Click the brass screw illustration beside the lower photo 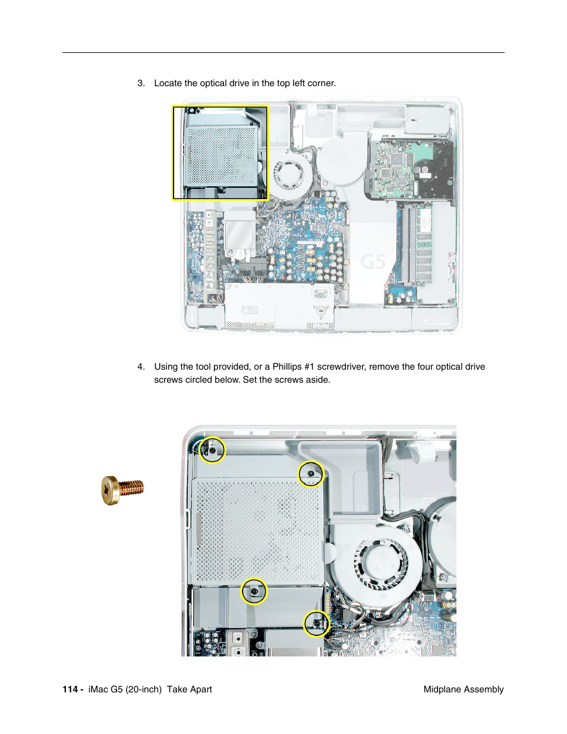click(x=122, y=490)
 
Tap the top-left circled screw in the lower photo click(x=212, y=450)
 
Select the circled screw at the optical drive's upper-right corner click(x=310, y=474)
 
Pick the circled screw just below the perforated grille click(x=254, y=591)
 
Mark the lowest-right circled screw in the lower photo click(x=316, y=623)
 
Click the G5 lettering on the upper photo click(x=373, y=262)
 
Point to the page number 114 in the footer click(x=70, y=689)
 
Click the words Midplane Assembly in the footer click(x=463, y=689)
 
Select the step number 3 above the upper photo click(x=140, y=83)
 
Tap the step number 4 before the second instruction click(x=140, y=367)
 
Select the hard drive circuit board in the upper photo click(x=393, y=169)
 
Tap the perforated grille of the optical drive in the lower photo click(x=258, y=531)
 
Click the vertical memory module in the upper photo click(x=424, y=244)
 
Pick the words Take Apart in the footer click(x=189, y=689)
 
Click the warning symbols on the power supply click(x=250, y=310)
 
